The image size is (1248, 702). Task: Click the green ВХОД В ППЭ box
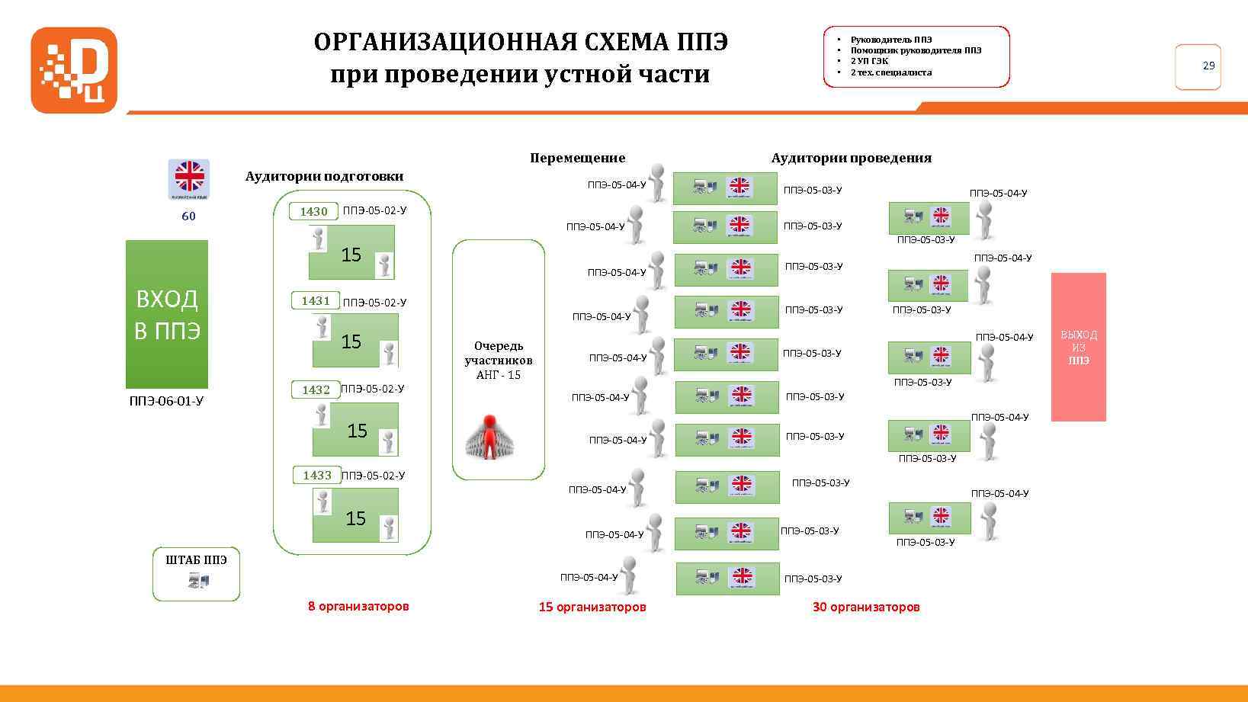[166, 314]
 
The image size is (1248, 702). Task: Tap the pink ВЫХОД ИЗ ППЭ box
[1078, 347]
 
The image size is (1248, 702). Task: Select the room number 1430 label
[313, 211]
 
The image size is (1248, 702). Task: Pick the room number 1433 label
[317, 475]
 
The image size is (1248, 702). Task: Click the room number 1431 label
[316, 300]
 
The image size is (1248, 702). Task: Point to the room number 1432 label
[316, 389]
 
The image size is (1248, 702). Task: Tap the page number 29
[1208, 66]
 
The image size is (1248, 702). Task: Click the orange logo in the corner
[74, 70]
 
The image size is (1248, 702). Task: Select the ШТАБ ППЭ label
[196, 559]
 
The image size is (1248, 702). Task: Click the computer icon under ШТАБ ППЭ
[197, 582]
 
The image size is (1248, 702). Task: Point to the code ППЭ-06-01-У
[166, 401]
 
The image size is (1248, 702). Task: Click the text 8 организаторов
[358, 606]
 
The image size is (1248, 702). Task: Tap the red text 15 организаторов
[592, 607]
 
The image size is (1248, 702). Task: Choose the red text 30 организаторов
[866, 607]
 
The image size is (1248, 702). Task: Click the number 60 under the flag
[188, 216]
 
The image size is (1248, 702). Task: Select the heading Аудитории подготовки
[324, 176]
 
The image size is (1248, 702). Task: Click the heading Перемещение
[577, 158]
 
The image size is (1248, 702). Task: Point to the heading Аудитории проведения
[851, 158]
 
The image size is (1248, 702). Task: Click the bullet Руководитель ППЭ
[891, 40]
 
